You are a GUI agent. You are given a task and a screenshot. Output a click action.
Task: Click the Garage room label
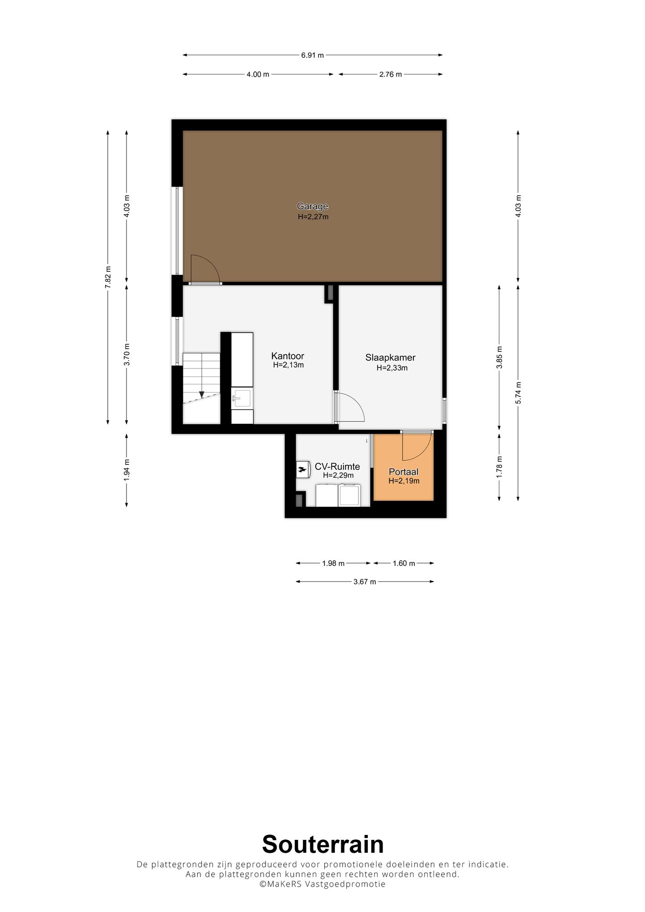[x=313, y=206]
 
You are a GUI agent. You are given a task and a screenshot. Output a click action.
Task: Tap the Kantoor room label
[x=288, y=356]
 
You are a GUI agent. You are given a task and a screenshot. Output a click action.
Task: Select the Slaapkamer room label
[x=391, y=358]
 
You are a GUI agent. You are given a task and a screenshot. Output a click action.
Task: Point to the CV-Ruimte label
[x=337, y=467]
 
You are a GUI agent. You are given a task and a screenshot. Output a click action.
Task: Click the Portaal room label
[x=404, y=472]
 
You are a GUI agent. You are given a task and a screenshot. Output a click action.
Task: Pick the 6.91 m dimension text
[x=313, y=55]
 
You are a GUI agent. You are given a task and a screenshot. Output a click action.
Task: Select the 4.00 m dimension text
[x=258, y=74]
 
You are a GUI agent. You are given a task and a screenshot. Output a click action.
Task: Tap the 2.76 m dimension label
[x=391, y=74]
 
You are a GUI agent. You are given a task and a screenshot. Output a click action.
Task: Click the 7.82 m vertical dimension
[x=108, y=277]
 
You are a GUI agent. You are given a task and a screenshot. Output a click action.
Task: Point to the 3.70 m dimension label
[x=127, y=354]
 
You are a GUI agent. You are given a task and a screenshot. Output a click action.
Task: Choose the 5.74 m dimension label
[x=518, y=393]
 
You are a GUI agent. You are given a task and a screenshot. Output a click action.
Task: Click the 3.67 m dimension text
[x=365, y=582]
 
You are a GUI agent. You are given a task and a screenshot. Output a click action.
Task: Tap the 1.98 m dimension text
[x=333, y=563]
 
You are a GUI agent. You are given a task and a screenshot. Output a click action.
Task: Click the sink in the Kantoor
[x=242, y=398]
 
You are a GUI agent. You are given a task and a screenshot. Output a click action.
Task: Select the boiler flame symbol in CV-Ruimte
[x=302, y=469]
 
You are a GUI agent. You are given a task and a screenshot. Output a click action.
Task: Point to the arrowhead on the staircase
[x=202, y=395]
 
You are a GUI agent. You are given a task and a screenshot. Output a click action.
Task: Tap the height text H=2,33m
[x=392, y=368]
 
